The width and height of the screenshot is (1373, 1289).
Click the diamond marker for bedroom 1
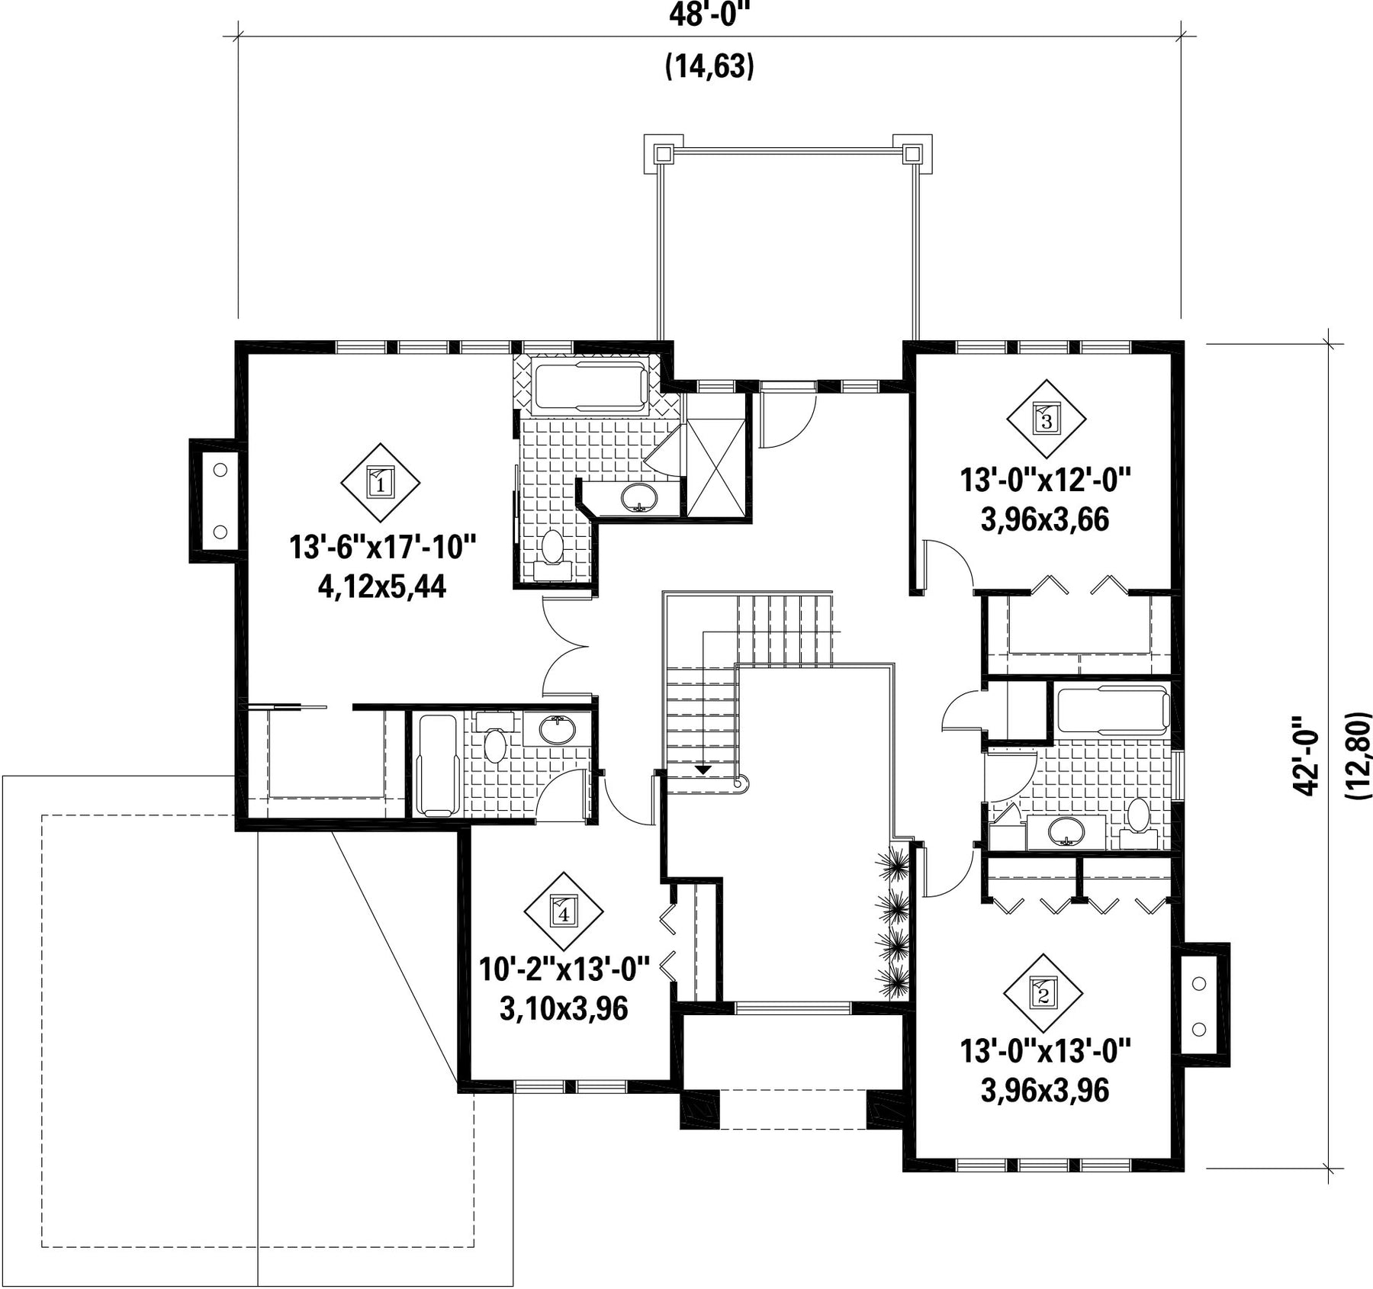380,483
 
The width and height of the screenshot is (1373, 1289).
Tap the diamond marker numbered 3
1046,419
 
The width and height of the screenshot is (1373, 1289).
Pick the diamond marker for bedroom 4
564,911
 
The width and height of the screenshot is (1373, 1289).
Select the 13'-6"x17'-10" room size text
382,548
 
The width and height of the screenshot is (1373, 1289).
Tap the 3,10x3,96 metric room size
564,1008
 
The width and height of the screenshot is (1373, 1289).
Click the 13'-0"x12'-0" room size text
1045,481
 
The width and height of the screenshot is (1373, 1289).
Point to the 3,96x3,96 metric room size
1045,1091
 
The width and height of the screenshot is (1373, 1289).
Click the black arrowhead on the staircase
703,770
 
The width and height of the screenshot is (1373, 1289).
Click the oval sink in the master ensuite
639,497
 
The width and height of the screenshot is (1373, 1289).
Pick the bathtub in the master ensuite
591,387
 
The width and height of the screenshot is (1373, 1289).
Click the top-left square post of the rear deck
662,153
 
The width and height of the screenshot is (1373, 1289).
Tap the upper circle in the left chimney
220,470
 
